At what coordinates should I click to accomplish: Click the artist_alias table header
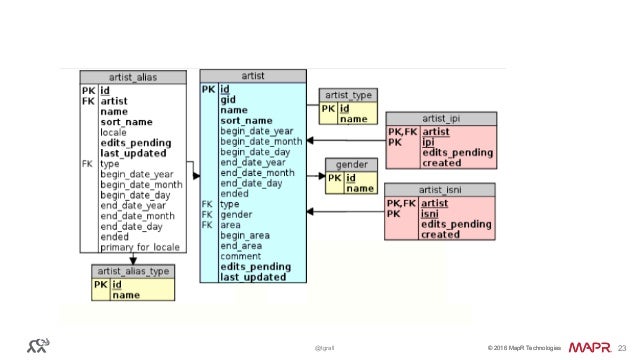coord(132,76)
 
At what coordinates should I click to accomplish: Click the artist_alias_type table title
coord(132,271)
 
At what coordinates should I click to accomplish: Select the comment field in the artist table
coord(240,255)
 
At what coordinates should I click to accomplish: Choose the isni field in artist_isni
coord(430,212)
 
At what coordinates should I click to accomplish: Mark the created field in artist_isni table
coord(441,234)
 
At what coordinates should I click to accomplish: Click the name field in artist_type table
coord(352,119)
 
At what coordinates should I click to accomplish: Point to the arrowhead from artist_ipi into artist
coord(310,141)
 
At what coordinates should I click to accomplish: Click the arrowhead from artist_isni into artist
coord(310,211)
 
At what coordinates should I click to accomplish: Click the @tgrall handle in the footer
coord(323,346)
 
